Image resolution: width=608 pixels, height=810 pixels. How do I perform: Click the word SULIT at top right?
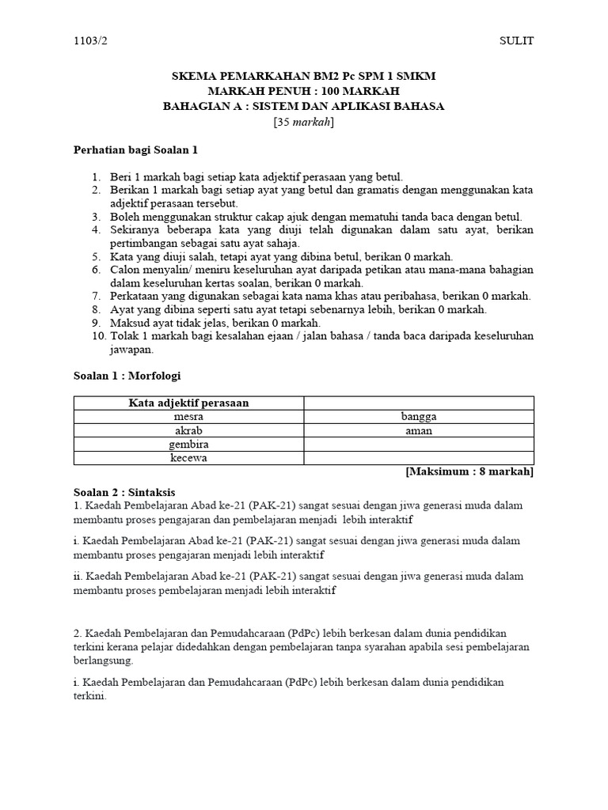point(517,41)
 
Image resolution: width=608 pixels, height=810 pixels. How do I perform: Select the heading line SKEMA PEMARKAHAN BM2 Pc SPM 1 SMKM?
point(304,76)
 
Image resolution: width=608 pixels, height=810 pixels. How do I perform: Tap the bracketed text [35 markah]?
point(304,121)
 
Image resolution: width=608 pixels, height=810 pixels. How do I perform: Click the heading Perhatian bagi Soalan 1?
point(135,149)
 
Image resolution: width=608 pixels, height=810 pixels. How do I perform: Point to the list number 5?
point(96,256)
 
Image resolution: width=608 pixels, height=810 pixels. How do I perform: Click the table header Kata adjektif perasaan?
point(188,403)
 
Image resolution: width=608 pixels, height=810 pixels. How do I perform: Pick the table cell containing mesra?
point(188,416)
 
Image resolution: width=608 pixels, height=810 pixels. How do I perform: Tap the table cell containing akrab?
point(188,430)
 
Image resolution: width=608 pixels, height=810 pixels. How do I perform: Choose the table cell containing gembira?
point(188,444)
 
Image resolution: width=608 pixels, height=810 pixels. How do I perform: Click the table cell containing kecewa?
point(188,457)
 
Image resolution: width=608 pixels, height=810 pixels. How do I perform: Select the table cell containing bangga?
point(419,416)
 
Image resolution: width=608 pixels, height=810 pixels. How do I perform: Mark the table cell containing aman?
point(419,430)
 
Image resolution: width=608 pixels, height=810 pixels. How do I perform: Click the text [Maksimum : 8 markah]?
point(469,472)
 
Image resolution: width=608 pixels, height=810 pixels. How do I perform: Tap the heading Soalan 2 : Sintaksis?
point(124,491)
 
